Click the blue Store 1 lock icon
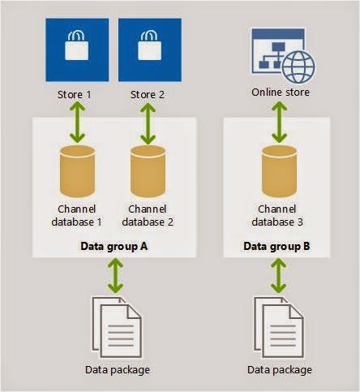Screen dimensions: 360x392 click(77, 50)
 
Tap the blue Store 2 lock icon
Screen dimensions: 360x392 click(150, 50)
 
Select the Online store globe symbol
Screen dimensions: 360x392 click(298, 67)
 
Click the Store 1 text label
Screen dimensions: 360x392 click(75, 95)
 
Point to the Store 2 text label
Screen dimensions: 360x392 click(148, 95)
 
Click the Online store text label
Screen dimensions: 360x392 click(281, 93)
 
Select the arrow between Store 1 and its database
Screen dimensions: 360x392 click(78, 123)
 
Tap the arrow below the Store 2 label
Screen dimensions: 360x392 click(148, 123)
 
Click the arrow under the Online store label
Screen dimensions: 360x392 click(280, 122)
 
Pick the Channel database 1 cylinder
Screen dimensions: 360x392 click(77, 171)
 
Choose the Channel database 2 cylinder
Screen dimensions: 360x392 click(148, 171)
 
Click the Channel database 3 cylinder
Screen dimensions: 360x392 click(279, 171)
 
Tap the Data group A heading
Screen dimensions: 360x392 click(114, 247)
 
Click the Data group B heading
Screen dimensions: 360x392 click(276, 246)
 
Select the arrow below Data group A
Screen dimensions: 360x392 click(115, 276)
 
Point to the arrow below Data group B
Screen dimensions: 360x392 click(279, 276)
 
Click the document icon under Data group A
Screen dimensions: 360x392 click(117, 328)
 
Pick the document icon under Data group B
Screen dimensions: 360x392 click(279, 328)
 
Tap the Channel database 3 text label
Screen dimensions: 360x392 click(277, 216)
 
